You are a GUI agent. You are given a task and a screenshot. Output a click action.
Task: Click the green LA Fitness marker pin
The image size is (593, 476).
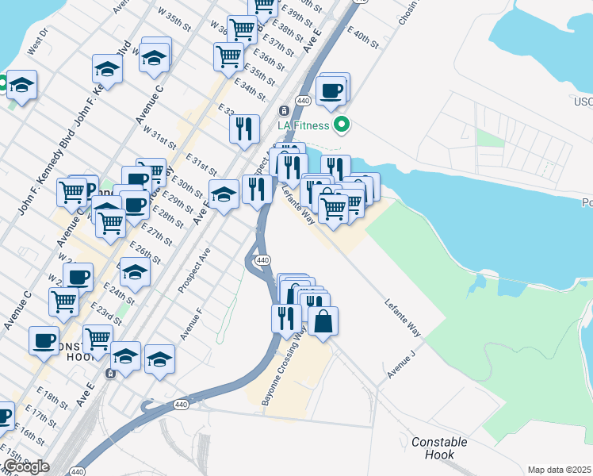pyautogui.click(x=342, y=124)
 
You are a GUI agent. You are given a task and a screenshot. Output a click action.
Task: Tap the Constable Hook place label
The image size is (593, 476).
pyautogui.click(x=439, y=448)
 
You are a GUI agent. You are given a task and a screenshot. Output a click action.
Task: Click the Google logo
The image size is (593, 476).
pyautogui.click(x=25, y=466)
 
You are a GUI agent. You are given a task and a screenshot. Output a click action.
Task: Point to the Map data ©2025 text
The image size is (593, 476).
pyautogui.click(x=560, y=470)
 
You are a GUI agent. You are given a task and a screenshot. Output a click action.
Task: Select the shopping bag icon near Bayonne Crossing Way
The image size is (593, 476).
pyautogui.click(x=323, y=321)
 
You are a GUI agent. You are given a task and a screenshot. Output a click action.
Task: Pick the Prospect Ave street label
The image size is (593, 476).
pyautogui.click(x=193, y=270)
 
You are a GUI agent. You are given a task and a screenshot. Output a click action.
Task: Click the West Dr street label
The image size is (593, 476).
pyautogui.click(x=38, y=41)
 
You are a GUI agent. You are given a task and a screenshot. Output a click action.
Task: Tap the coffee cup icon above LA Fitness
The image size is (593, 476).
pyautogui.click(x=331, y=90)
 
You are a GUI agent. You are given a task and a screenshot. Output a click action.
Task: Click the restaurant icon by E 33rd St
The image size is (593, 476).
pyautogui.click(x=244, y=128)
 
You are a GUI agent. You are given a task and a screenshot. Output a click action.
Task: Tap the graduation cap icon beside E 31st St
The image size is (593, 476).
pyautogui.click(x=224, y=195)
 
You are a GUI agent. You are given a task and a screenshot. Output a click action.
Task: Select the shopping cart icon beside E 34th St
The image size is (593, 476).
pyautogui.click(x=228, y=56)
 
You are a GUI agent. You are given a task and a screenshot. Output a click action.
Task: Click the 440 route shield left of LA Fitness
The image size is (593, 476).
pyautogui.click(x=303, y=101)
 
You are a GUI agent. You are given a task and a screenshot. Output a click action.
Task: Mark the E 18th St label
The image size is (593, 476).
pyautogui.click(x=52, y=399)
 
